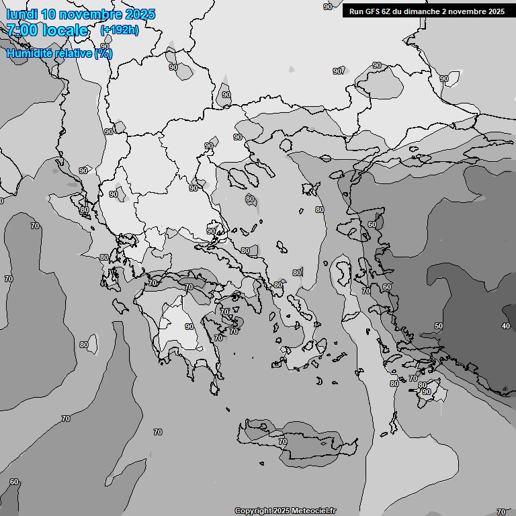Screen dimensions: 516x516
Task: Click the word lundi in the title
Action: coord(21,14)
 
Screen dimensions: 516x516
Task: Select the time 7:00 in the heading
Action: coord(21,30)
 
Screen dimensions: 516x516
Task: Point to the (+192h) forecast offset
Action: coord(119,30)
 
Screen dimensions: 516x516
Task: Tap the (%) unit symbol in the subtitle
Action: coord(103,53)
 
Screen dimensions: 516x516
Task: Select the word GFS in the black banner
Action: coord(375,11)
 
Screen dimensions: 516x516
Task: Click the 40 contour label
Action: coord(505,326)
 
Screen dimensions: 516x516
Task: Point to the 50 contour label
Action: coord(438,326)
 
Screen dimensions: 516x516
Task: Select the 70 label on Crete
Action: coord(283,441)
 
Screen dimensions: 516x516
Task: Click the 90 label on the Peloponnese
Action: coord(189,327)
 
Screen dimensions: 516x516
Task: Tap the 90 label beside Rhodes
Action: coord(426,392)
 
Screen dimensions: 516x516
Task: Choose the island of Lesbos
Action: coord(344,272)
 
